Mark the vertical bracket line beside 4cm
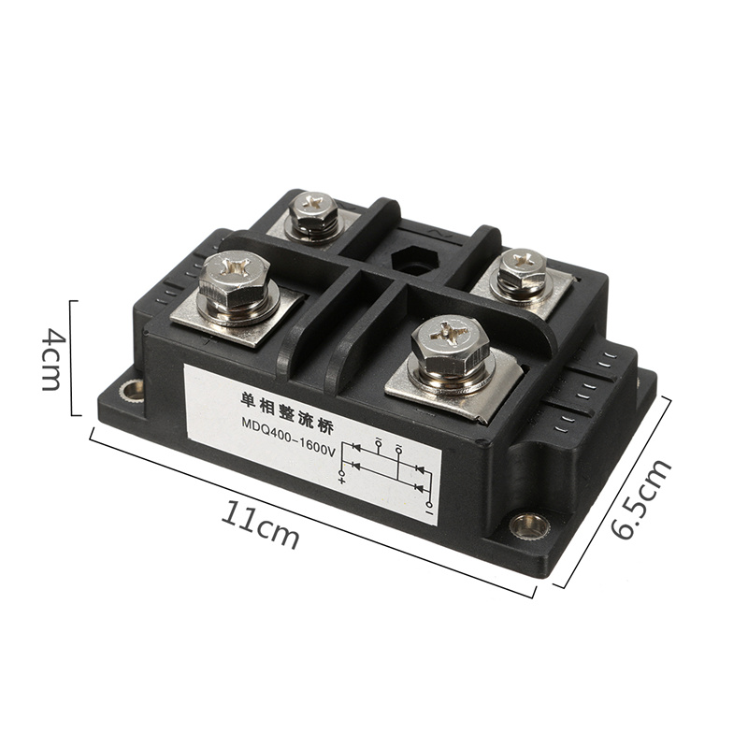pos(72,356)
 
